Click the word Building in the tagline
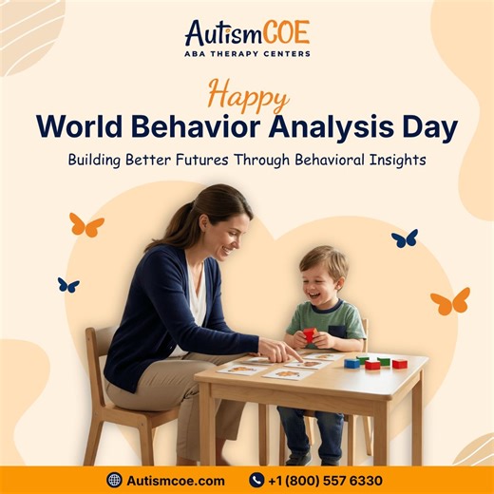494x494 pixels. tap(101, 160)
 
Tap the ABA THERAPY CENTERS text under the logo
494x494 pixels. tap(246, 54)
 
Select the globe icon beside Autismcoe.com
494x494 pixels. tap(114, 480)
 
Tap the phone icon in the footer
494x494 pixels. tap(256, 480)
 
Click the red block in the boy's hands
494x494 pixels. tap(309, 333)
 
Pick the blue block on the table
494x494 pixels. tap(352, 363)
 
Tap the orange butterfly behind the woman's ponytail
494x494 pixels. tap(85, 225)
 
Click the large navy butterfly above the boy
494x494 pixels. tap(405, 237)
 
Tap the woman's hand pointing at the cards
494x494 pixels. tap(281, 352)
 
